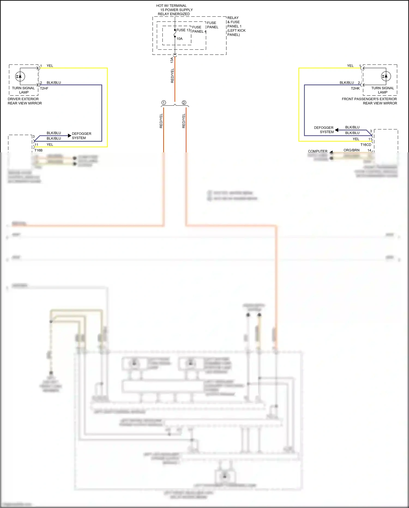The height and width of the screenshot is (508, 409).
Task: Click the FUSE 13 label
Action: click(183, 30)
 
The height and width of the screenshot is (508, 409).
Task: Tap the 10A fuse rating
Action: click(179, 39)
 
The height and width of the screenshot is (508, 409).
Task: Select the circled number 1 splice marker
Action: click(164, 103)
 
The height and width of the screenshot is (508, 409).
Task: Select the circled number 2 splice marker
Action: click(184, 103)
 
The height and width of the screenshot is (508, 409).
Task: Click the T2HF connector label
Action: click(44, 88)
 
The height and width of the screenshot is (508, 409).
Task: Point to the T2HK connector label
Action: click(355, 88)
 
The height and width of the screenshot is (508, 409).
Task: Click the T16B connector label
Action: click(38, 150)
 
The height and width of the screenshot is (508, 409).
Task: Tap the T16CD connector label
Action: click(366, 145)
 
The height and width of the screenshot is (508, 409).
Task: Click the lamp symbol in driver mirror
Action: click(20, 77)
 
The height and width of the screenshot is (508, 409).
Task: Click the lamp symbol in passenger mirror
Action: click(386, 76)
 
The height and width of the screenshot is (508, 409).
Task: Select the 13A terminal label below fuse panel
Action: click(172, 60)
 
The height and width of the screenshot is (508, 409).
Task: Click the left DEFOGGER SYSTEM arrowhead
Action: click(70, 136)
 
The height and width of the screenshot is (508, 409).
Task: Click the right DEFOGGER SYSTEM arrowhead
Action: click(337, 130)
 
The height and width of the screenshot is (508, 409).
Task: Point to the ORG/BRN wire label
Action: click(351, 150)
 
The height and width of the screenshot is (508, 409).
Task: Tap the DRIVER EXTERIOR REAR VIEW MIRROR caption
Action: click(25, 101)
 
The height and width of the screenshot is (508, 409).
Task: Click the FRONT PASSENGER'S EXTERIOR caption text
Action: click(369, 99)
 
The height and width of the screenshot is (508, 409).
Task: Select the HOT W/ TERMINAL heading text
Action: click(171, 6)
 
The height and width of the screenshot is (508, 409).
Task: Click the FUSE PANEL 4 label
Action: click(199, 29)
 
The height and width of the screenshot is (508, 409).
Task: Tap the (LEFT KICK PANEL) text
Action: click(236, 32)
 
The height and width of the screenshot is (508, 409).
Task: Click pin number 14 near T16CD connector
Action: click(369, 150)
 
